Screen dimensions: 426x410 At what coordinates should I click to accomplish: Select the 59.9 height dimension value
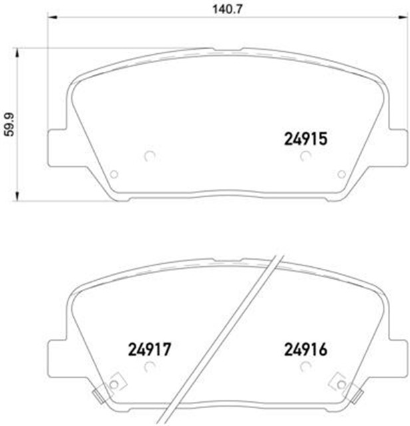tap(9, 123)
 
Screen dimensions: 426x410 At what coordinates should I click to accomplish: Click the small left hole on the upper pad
tap(114, 174)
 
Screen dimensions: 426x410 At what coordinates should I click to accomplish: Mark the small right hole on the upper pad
tap(341, 174)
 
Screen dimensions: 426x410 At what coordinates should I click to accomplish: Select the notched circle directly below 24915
tap(306, 157)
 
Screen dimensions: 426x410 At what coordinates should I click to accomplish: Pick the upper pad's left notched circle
tap(149, 157)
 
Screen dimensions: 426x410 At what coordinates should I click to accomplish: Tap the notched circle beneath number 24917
tap(149, 365)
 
